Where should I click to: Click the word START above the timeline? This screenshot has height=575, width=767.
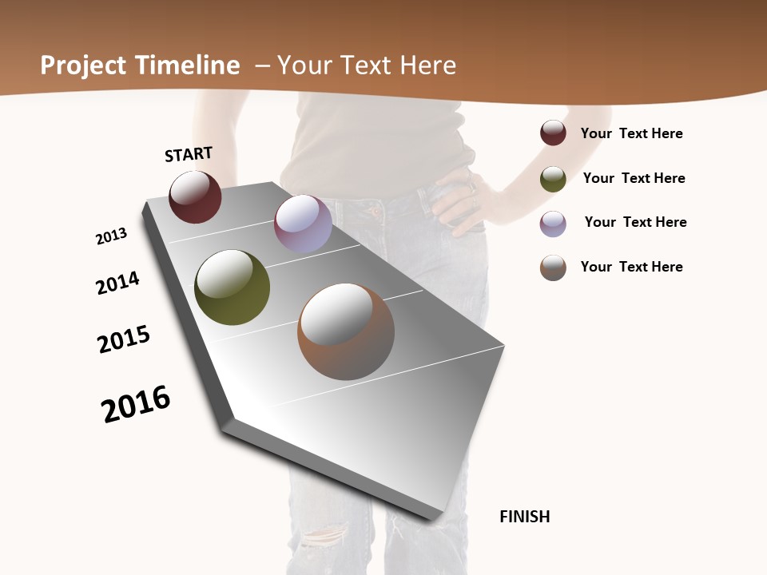coord(189,154)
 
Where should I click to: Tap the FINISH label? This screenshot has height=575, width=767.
coord(524,517)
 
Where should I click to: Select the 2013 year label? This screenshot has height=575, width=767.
coord(111,236)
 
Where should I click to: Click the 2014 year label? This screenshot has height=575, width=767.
coord(117,284)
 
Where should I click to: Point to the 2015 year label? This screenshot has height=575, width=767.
coord(124,339)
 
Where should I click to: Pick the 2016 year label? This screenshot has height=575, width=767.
coord(136,403)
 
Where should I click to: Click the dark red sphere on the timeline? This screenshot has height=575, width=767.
coord(195,197)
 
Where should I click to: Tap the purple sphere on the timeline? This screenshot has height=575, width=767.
coord(303,224)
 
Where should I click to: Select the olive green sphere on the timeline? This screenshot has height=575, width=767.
coord(232,287)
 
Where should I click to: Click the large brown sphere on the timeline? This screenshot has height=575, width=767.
coord(346,331)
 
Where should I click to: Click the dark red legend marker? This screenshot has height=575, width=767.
coord(553,133)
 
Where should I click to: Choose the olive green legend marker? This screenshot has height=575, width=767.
coord(553,179)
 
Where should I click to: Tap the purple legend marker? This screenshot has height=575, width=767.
coord(553,224)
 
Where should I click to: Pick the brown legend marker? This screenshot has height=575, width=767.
coord(553,268)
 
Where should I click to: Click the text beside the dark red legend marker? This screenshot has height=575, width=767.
coord(631,133)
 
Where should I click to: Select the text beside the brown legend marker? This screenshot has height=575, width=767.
coord(631,267)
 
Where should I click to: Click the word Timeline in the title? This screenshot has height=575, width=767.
coord(189,65)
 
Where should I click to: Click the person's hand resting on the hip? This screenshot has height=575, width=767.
coord(459,200)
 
